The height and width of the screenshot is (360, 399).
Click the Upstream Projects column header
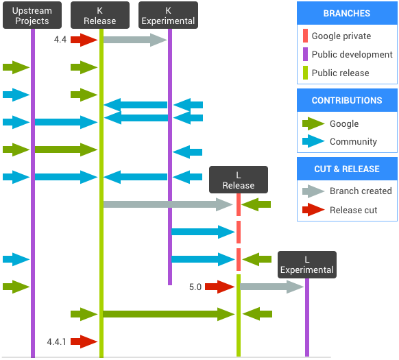point(32,16)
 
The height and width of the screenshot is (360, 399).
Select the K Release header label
point(99,16)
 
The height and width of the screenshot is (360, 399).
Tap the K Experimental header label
point(168,16)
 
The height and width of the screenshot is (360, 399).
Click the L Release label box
point(238,180)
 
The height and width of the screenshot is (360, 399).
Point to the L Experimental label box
point(306,265)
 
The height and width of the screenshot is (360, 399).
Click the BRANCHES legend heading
point(346,14)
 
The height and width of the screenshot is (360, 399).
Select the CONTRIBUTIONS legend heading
point(347,101)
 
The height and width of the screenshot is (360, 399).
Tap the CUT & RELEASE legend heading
point(346,169)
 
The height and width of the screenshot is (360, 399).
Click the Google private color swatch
point(304,36)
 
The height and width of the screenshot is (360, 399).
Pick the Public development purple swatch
point(304,55)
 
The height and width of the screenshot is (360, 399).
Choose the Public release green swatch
point(304,73)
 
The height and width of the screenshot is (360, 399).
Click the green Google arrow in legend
point(313,124)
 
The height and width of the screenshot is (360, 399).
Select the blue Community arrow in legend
point(313,142)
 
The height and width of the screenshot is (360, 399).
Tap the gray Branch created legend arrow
point(313,191)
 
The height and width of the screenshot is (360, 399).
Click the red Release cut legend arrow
point(313,210)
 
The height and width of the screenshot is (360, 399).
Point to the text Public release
point(340,73)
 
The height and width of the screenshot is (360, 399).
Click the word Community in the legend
point(353,142)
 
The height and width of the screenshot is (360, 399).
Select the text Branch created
point(361,191)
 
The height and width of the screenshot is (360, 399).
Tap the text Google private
point(341,36)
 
